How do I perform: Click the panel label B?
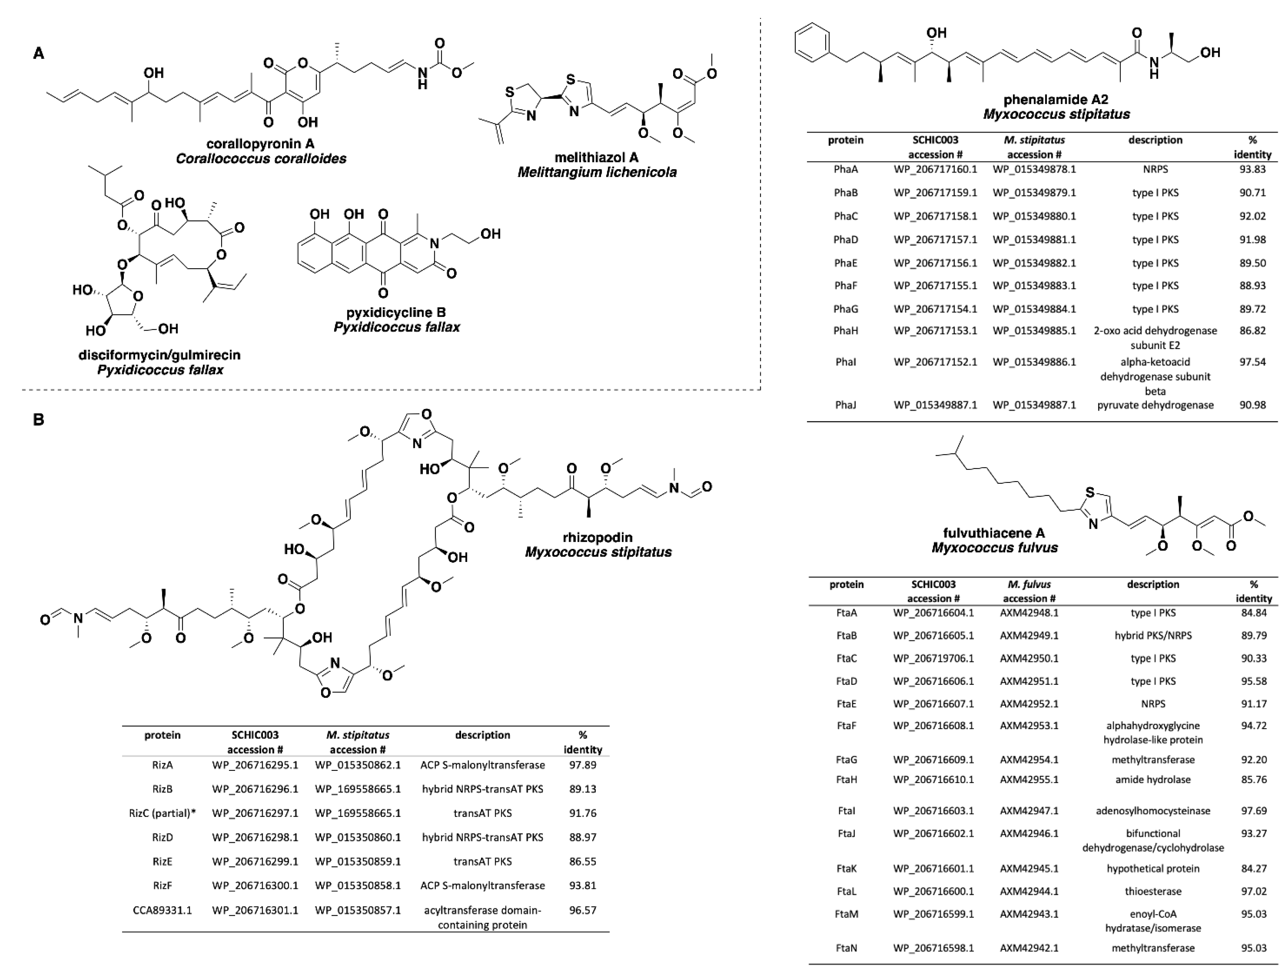(x=39, y=420)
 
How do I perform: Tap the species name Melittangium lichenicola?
(x=597, y=172)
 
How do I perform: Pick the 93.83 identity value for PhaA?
(x=1252, y=169)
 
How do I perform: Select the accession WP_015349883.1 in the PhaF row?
(x=1034, y=286)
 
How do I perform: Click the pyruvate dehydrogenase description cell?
(x=1155, y=405)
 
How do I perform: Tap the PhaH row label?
(x=845, y=331)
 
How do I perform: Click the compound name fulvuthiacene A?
(x=994, y=533)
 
